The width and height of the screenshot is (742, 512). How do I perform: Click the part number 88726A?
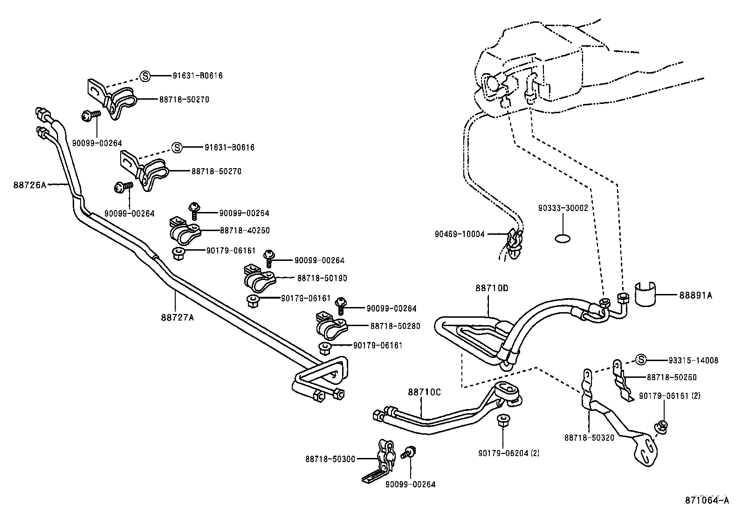[x=30, y=184]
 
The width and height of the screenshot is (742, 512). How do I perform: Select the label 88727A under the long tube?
[x=177, y=318]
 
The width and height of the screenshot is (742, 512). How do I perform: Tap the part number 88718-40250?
[x=245, y=231]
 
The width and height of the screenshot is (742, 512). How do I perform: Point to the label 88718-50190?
[x=322, y=278]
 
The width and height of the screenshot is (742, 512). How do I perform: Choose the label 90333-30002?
[x=563, y=208]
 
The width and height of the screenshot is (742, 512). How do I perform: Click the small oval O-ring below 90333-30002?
[x=563, y=239]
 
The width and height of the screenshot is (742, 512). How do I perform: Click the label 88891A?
[x=695, y=295]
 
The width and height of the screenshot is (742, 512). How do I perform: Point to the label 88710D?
[x=492, y=288]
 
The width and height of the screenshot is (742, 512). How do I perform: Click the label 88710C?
[x=424, y=392]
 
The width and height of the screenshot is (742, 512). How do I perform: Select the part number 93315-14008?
[x=693, y=360]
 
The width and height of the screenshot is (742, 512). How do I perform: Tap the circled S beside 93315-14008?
[x=641, y=360]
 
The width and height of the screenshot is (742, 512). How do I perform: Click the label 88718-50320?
[x=590, y=437]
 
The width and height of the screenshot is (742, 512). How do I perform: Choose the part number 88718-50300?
[x=330, y=459]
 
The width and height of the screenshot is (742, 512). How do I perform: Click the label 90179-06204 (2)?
[x=508, y=452]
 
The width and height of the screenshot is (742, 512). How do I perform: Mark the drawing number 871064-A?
[x=707, y=501]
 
